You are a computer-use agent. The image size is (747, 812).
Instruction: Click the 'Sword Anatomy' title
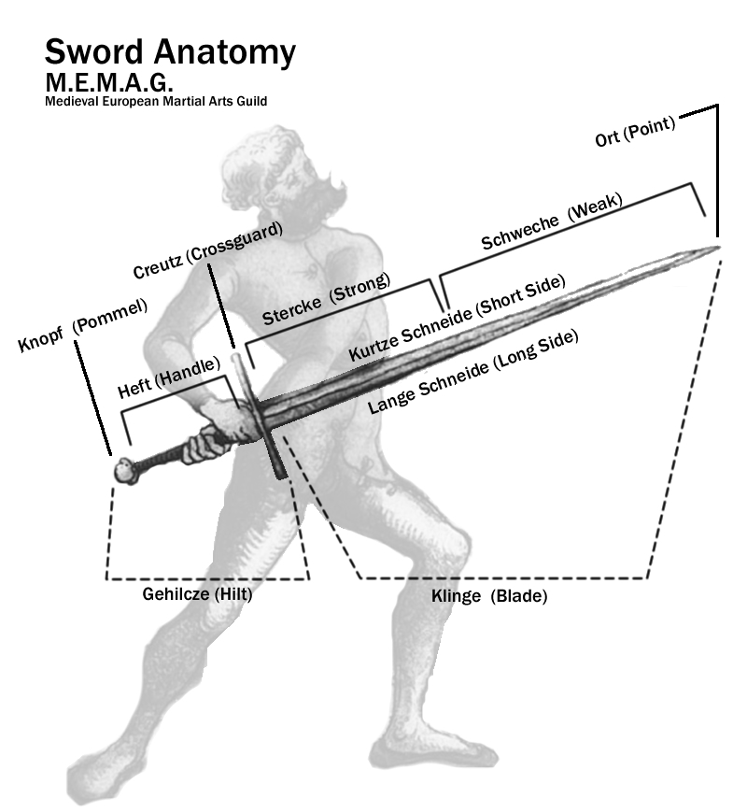click(x=170, y=53)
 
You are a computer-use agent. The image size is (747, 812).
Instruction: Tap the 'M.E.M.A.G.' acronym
click(x=108, y=82)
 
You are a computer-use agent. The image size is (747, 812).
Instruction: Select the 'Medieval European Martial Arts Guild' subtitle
click(x=156, y=101)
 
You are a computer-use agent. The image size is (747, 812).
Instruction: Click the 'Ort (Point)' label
click(x=635, y=132)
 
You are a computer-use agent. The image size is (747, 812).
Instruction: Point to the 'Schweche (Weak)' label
click(x=552, y=221)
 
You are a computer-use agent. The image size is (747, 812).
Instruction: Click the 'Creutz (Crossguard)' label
click(x=208, y=250)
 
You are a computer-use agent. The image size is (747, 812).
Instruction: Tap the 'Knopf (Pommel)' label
click(x=83, y=325)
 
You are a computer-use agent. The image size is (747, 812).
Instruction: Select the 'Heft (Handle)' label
click(x=169, y=378)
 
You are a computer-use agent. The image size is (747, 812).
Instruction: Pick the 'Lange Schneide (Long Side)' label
click(x=472, y=371)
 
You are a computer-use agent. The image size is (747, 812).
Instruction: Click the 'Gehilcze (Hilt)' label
click(x=197, y=594)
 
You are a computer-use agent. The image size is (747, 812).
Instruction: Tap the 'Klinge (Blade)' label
click(x=489, y=596)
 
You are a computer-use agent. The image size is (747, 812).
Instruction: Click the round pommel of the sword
click(x=126, y=470)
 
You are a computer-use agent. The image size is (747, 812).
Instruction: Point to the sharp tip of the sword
click(x=719, y=247)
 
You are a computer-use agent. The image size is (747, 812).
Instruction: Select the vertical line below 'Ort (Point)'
click(x=717, y=170)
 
